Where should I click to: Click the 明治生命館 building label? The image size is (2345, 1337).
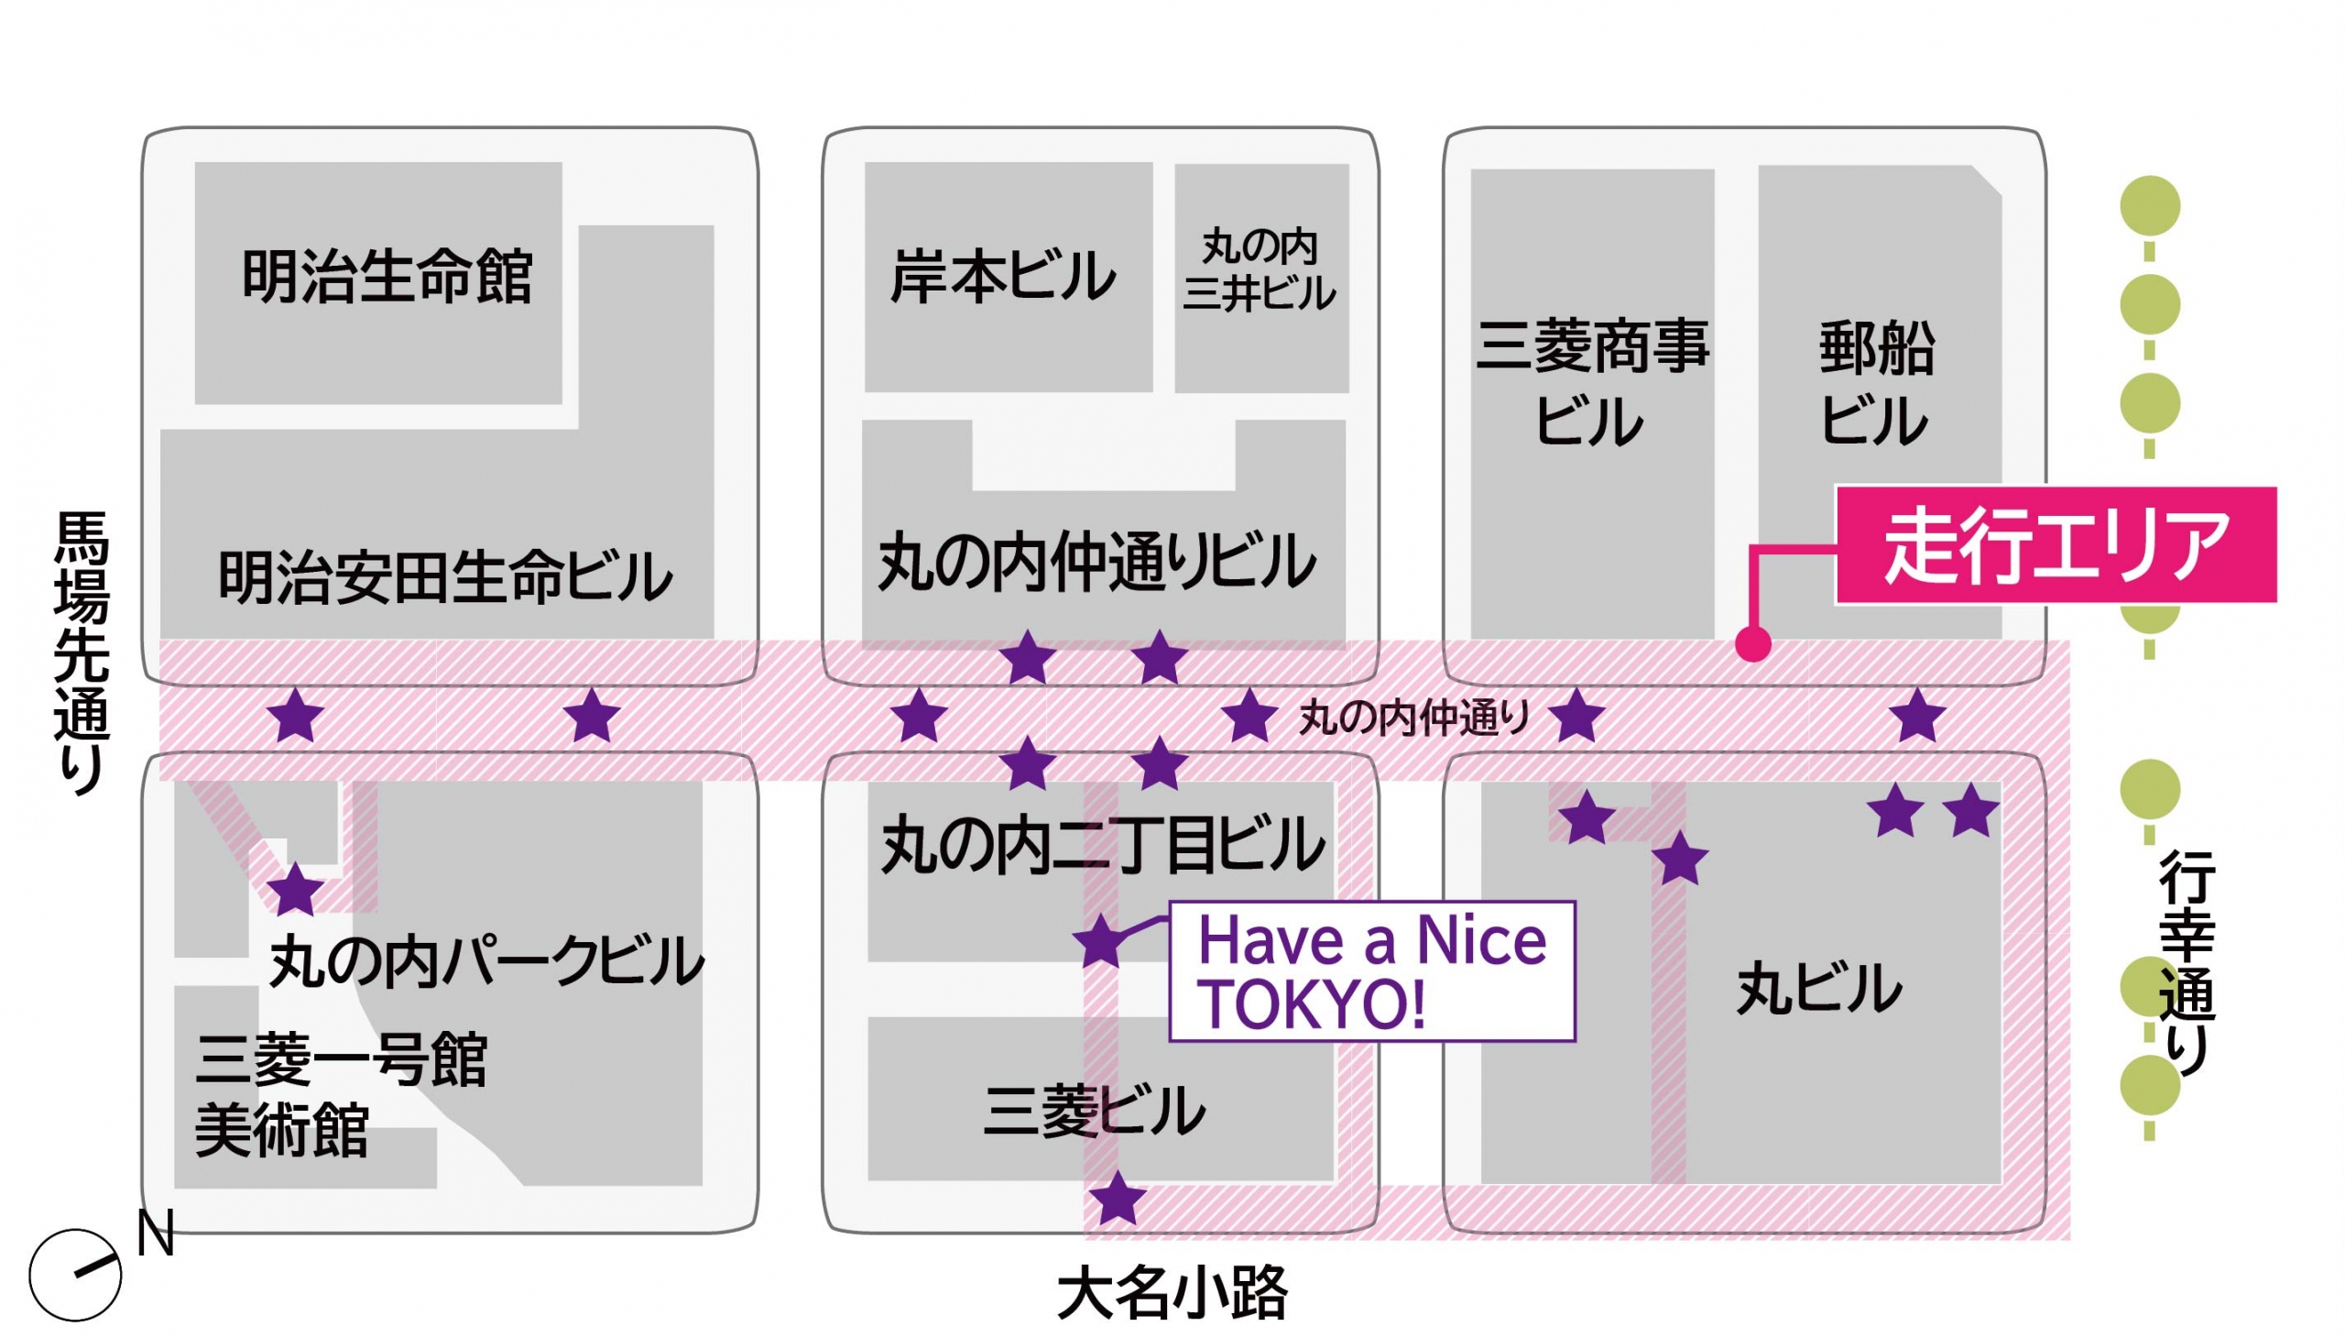tap(387, 277)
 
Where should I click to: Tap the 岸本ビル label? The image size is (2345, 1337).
tap(1002, 277)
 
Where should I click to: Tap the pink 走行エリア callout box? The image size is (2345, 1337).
tap(2056, 545)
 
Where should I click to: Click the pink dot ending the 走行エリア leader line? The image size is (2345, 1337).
tap(1752, 643)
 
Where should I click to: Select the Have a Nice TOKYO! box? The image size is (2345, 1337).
tap(1372, 971)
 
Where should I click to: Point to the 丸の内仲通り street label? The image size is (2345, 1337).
tap(1413, 718)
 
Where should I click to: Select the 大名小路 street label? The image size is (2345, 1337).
tap(1172, 1294)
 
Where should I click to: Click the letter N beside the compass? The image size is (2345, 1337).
tap(155, 1234)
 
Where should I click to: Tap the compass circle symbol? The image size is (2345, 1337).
tap(75, 1275)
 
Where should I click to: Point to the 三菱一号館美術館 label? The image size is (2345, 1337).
tap(340, 1095)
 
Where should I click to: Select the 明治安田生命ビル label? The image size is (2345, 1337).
tap(445, 577)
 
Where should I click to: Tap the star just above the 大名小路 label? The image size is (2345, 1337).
tap(1117, 1199)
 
